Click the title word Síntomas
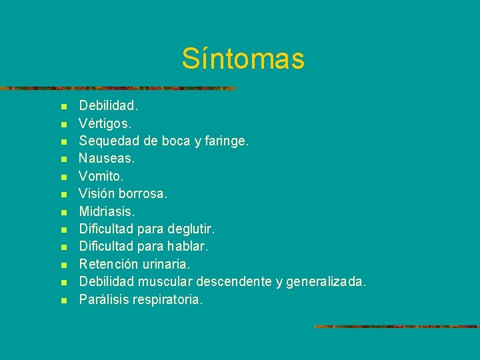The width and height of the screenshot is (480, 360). coord(243,59)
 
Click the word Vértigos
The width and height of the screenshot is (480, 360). coord(105,123)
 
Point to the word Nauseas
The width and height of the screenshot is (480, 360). coord(107,159)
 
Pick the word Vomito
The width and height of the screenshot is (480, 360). coord(101,176)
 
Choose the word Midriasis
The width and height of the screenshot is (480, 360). coord(107,211)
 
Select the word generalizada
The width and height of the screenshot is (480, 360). coord(325,282)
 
